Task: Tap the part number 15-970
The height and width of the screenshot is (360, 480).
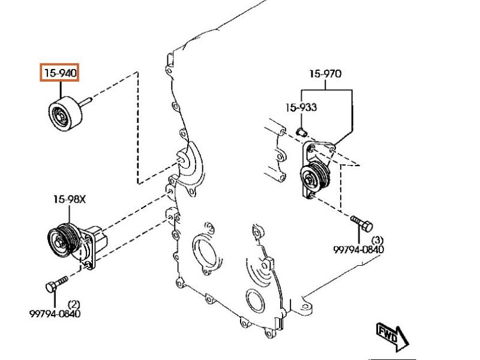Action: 325,74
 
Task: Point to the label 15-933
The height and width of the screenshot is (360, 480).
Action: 301,108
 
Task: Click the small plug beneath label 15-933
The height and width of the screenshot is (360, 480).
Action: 302,130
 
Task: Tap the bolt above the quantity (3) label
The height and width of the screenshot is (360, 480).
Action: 361,224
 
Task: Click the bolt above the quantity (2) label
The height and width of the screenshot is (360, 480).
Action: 56,283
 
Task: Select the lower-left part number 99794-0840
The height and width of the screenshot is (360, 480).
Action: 55,313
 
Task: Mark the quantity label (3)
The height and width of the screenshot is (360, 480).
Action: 378,239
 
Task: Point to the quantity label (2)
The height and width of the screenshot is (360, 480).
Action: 74,304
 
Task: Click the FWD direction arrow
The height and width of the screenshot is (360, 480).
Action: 392,334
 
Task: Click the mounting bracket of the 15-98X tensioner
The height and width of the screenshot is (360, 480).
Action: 91,243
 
